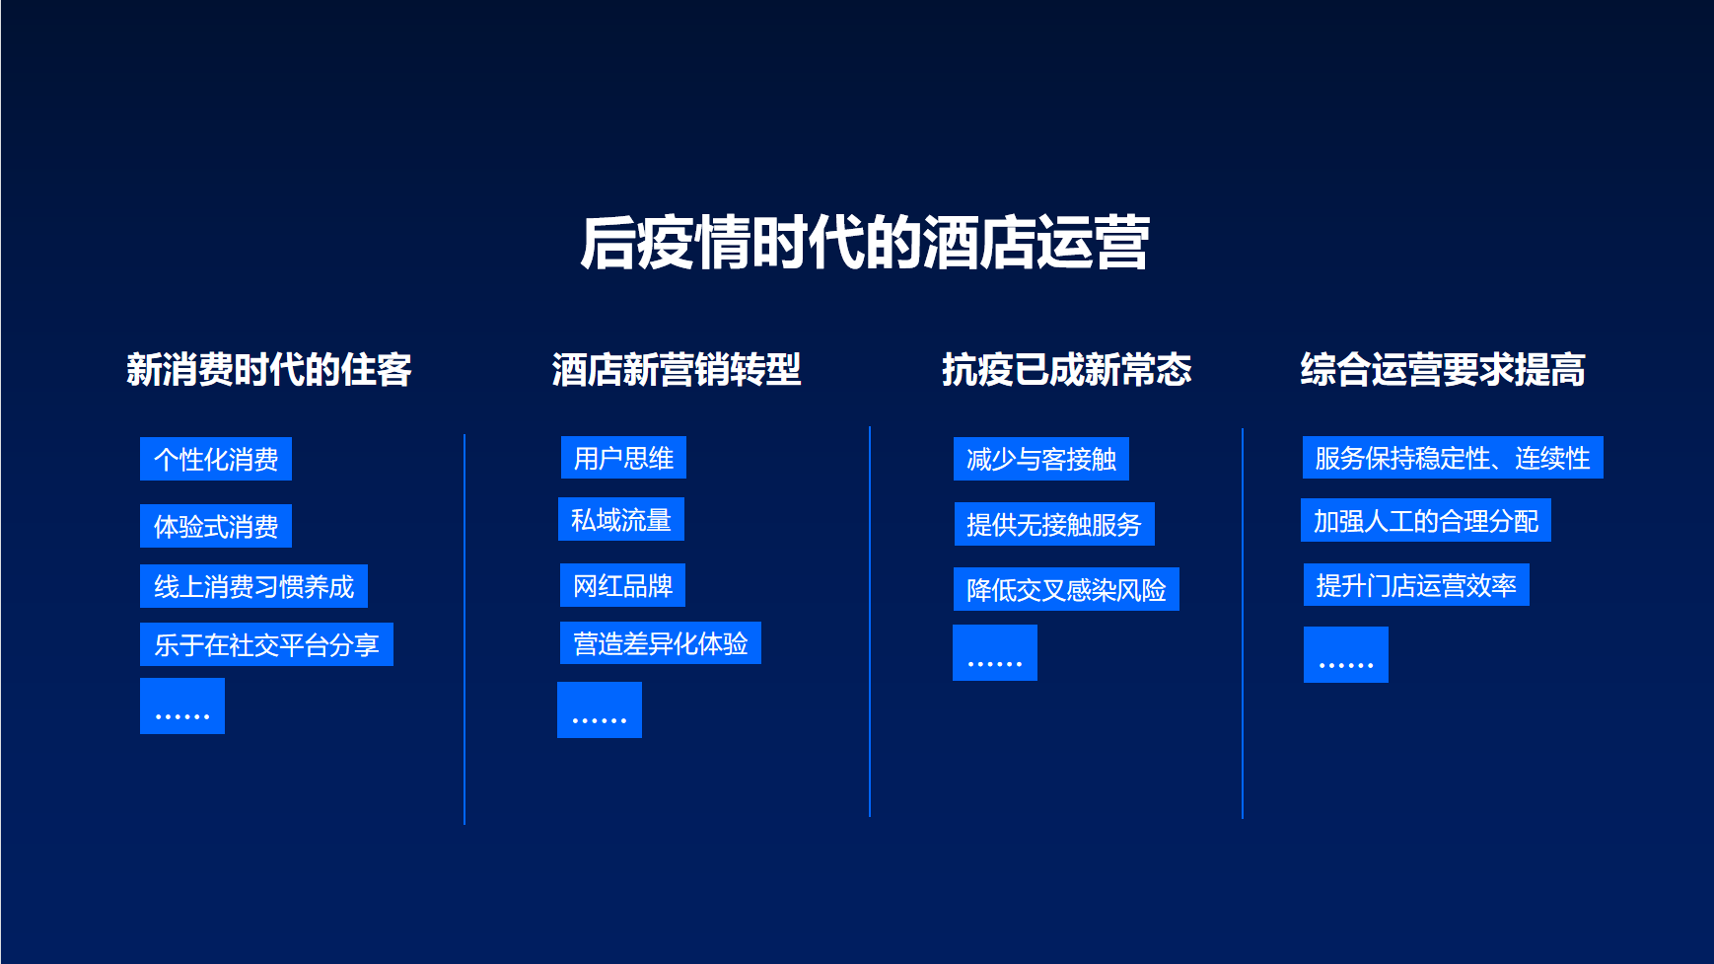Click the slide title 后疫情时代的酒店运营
pyautogui.click(x=865, y=243)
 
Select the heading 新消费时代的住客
pyautogui.click(x=269, y=370)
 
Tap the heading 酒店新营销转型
pyautogui.click(x=677, y=370)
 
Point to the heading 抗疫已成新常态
pyautogui.click(x=1067, y=370)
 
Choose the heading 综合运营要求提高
pyautogui.click(x=1443, y=370)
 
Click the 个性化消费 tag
pyautogui.click(x=216, y=459)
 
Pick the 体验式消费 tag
pyautogui.click(x=216, y=526)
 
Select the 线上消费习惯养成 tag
pyautogui.click(x=253, y=586)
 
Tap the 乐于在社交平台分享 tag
pyautogui.click(x=266, y=644)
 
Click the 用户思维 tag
pyautogui.click(x=623, y=458)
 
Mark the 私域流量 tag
pyautogui.click(x=621, y=519)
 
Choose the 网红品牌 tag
pyautogui.click(x=623, y=585)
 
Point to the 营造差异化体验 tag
pyautogui.click(x=661, y=643)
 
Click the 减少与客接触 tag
pyautogui.click(x=1041, y=459)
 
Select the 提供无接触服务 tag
pyautogui.click(x=1054, y=524)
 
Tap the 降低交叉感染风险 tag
pyautogui.click(x=1066, y=589)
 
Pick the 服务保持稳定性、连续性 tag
pyautogui.click(x=1453, y=458)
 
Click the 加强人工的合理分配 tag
pyautogui.click(x=1426, y=520)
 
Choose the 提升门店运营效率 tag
pyautogui.click(x=1416, y=585)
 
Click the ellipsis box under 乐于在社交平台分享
pyautogui.click(x=182, y=705)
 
